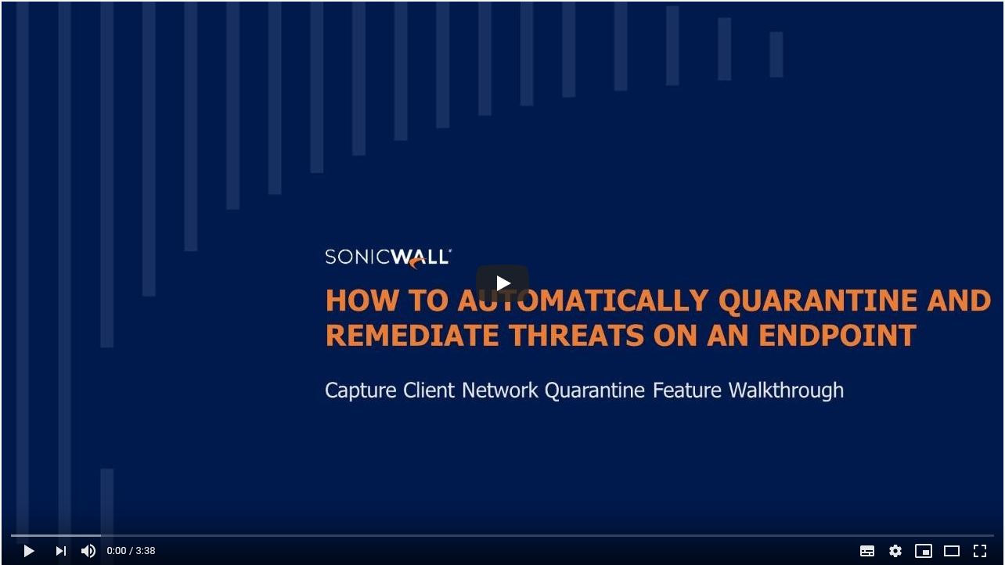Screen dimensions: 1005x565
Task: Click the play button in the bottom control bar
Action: coord(29,551)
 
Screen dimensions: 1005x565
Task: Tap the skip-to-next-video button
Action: coord(61,551)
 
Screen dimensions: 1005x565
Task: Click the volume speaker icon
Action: coord(88,551)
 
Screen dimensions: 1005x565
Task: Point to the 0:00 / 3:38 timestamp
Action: coord(131,551)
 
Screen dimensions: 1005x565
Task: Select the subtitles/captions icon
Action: coord(866,551)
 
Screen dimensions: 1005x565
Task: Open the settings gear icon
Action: coord(895,551)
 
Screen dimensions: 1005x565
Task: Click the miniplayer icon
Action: coord(924,551)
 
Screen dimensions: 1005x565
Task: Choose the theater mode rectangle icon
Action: coord(952,551)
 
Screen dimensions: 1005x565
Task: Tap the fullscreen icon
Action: coord(980,551)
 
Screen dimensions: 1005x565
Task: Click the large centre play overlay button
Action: coord(502,283)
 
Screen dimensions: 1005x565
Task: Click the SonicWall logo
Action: coord(388,257)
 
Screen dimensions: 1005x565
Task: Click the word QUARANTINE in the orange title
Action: coord(817,300)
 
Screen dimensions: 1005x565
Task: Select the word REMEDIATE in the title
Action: coord(412,335)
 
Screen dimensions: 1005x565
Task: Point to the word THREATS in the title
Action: coord(577,335)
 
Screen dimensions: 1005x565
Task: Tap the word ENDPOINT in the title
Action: coord(837,335)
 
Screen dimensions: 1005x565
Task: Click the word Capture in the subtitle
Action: coord(360,390)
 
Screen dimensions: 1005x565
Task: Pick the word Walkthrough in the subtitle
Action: coord(786,390)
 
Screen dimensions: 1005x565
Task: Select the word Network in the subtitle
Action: coord(500,390)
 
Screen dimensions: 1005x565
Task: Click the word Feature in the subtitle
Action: coord(687,390)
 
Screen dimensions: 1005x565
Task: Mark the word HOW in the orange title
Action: coord(362,300)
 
